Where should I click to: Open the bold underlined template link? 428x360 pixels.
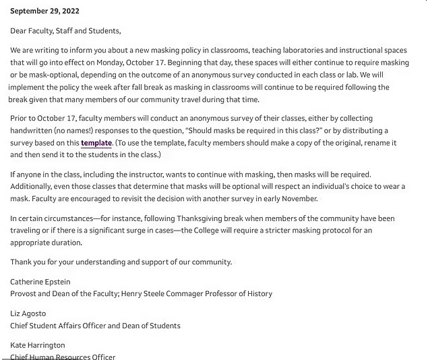point(96,143)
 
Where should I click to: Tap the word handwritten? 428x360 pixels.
point(34,131)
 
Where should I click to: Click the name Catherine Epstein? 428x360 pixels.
point(40,282)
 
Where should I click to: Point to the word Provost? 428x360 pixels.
point(26,294)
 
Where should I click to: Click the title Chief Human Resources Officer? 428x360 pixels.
point(63,357)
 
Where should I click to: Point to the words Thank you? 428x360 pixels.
point(27,262)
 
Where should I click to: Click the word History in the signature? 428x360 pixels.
point(259,294)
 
